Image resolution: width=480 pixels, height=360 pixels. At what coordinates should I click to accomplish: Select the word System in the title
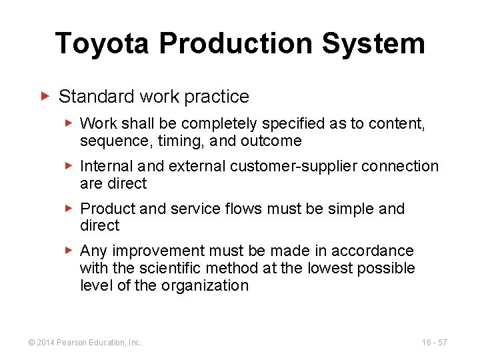coord(373,44)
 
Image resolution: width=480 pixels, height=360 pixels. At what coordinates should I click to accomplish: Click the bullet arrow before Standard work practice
coord(45,97)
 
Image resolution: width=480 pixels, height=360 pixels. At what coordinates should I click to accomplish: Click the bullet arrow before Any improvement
coord(69,251)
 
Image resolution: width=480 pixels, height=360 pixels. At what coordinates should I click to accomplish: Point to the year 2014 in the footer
coord(45,343)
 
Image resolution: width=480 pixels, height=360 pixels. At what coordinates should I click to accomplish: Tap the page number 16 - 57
coord(434,343)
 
